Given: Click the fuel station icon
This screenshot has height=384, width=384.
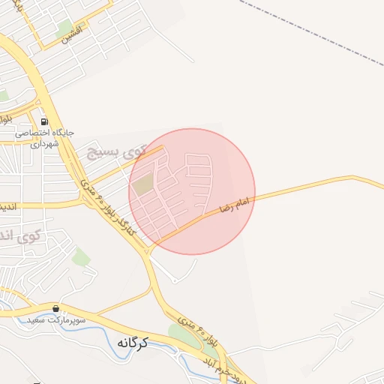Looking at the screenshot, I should pos(44,121).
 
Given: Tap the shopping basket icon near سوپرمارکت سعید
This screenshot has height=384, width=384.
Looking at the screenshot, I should pos(55,308).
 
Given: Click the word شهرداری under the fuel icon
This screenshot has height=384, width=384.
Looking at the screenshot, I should pos(44,142).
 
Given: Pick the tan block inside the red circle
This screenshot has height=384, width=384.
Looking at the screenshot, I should pos(142,184).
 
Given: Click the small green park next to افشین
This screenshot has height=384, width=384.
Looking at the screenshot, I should pos(64,30).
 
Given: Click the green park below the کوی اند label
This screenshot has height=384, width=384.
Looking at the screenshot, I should pos(81,259).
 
